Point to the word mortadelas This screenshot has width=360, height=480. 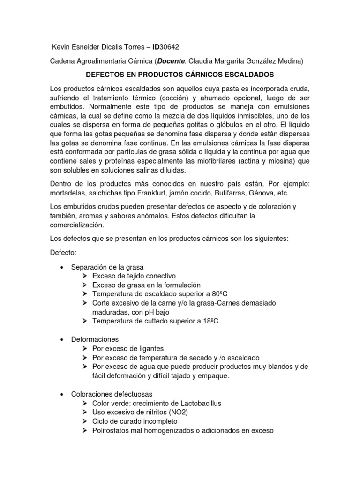pos(68,193)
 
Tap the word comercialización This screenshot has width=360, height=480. pos(78,225)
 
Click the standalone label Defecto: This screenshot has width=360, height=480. pos(63,252)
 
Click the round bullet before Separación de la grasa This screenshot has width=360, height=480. pos(62,267)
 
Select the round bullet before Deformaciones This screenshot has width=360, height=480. pos(62,339)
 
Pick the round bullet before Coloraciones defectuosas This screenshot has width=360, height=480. pos(62,394)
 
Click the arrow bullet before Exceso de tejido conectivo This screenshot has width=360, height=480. pos(84,276)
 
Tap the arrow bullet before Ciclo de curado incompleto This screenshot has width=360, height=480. pos(84,421)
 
